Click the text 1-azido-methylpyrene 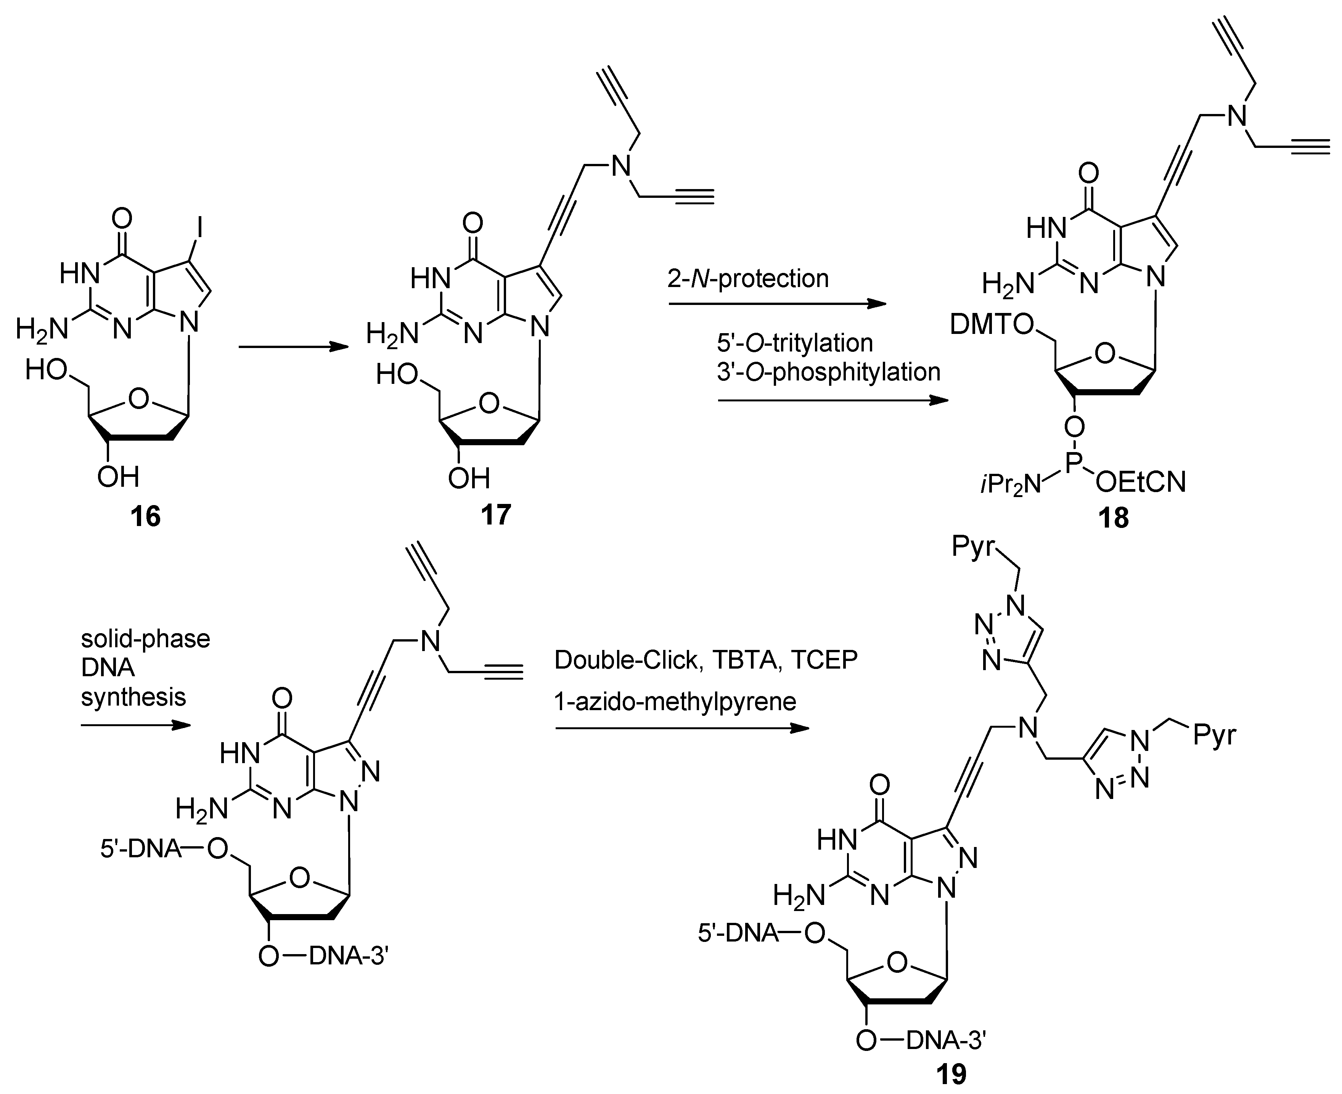pyautogui.click(x=675, y=701)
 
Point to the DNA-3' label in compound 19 pyautogui.click(x=945, y=1041)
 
